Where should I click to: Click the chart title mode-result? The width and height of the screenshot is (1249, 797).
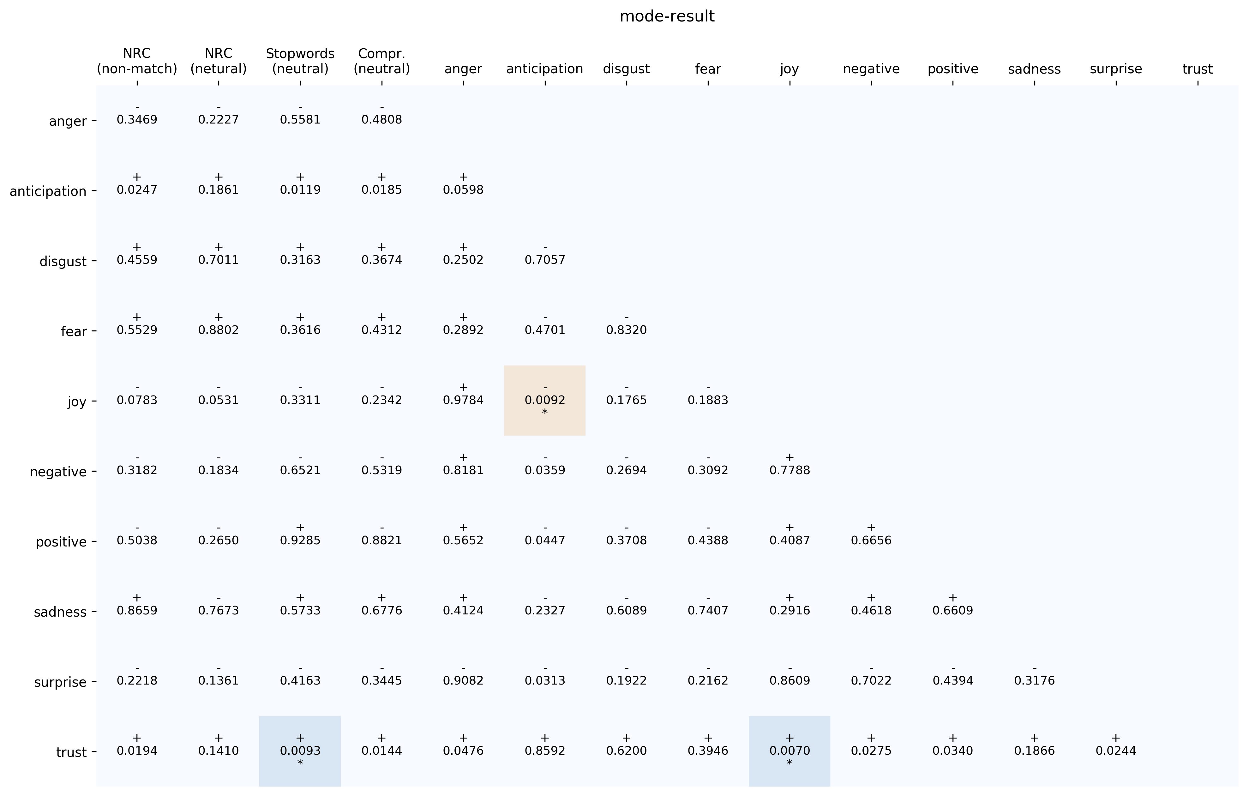click(667, 17)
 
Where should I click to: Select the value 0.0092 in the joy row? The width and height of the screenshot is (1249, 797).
click(545, 400)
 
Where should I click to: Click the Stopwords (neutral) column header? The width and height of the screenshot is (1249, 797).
click(300, 61)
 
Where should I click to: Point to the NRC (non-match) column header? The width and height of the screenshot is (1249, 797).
click(137, 61)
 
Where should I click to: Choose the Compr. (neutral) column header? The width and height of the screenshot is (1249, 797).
click(382, 61)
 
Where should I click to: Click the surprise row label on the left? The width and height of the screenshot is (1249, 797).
click(60, 682)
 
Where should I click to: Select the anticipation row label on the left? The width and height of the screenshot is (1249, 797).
click(48, 191)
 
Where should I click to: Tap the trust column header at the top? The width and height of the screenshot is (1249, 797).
click(1197, 69)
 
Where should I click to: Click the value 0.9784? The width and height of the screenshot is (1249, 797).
click(463, 400)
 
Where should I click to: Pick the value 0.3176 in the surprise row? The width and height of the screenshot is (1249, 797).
click(1034, 680)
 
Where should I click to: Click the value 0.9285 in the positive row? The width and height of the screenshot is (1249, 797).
click(300, 540)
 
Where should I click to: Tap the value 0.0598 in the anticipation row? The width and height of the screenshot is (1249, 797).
click(463, 190)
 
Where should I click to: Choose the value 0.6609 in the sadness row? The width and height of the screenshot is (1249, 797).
click(952, 610)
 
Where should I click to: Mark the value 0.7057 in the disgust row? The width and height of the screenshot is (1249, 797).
click(545, 260)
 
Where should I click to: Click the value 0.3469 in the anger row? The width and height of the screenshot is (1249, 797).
click(137, 120)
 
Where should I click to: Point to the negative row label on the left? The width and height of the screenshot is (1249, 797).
click(58, 472)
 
